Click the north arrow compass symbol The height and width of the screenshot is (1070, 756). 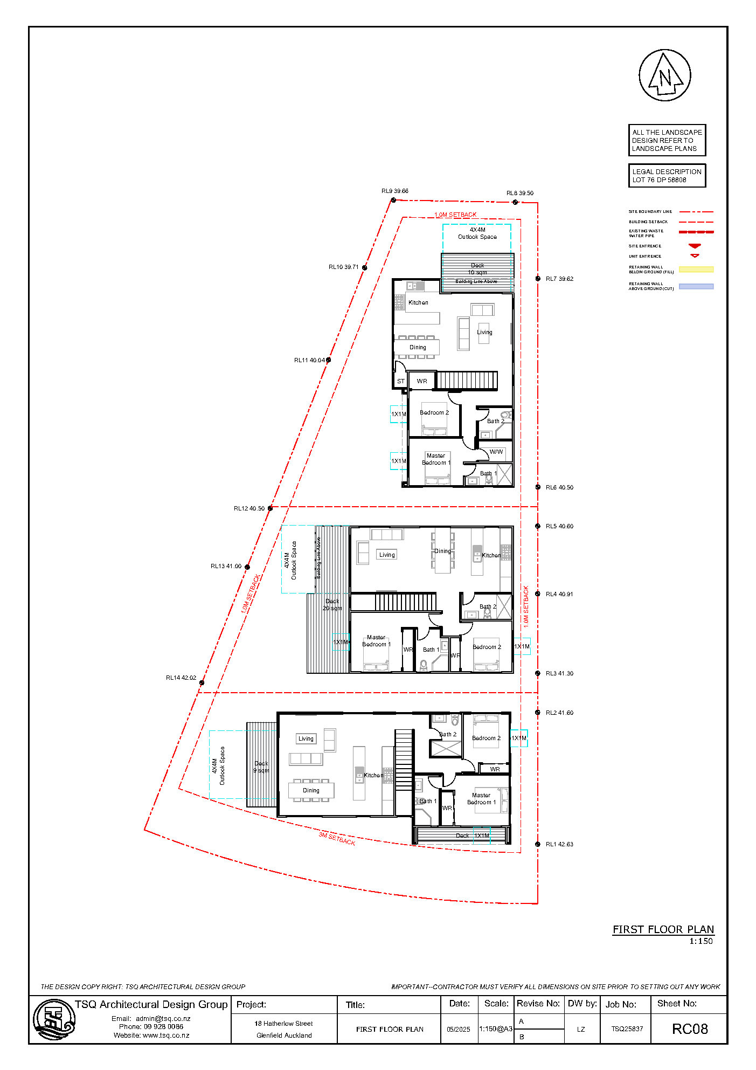point(664,75)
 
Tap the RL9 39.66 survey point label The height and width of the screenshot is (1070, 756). point(394,191)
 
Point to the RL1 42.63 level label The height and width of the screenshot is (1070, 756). point(559,844)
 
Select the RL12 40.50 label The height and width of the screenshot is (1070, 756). point(249,508)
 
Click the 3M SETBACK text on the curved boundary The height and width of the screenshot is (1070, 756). point(337,839)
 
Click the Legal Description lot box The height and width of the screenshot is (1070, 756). point(667,176)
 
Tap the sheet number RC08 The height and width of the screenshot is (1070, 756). point(689,1029)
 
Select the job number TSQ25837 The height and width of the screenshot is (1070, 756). point(627,1029)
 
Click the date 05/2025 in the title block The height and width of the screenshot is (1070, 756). point(458,1030)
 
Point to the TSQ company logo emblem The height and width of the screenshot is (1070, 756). point(53,1019)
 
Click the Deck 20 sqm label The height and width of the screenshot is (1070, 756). point(332,604)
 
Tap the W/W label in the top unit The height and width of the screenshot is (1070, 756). point(496,452)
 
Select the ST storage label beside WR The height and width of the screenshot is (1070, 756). point(400,381)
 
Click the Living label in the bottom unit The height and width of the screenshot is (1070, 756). point(306,738)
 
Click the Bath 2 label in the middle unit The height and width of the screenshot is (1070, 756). point(487,606)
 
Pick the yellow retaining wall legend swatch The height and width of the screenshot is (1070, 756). point(696,270)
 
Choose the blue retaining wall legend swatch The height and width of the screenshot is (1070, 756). point(696,286)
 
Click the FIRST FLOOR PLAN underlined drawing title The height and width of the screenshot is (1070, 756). point(663,929)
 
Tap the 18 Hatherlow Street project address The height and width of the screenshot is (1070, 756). point(283,1024)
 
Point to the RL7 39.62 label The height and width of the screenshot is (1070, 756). point(559,279)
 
